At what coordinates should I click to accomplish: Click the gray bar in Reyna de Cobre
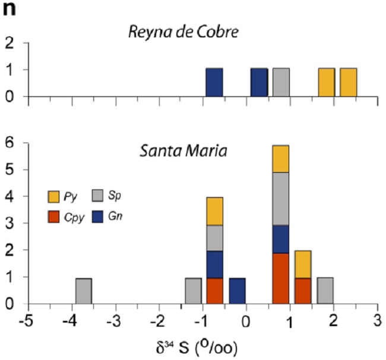tap(281, 82)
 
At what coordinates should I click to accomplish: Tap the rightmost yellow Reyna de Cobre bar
tap(348, 82)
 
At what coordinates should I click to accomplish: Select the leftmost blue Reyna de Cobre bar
tap(214, 82)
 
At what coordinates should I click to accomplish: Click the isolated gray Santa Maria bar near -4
tap(83, 290)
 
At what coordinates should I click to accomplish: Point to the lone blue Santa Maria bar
tap(237, 290)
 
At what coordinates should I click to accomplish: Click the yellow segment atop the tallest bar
tap(281, 159)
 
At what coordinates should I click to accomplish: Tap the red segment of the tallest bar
tap(281, 278)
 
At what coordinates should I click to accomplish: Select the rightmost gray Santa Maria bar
tap(325, 290)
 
